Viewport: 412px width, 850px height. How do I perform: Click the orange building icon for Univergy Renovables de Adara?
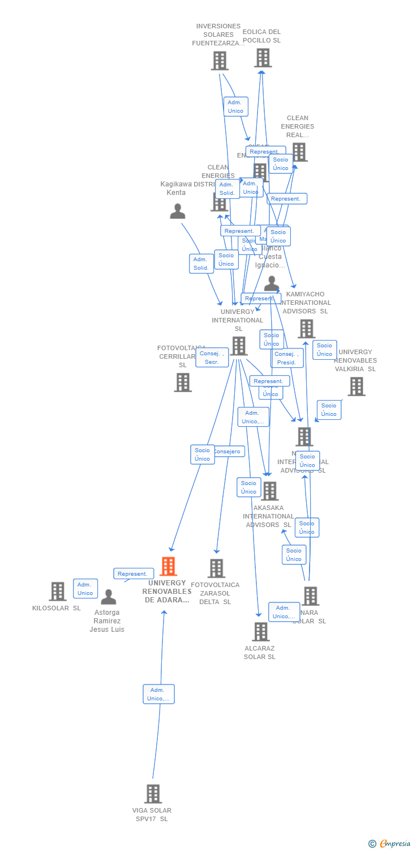pos(168,566)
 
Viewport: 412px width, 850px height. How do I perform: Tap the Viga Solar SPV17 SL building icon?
pos(153,794)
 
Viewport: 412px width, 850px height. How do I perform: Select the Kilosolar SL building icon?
pos(57,592)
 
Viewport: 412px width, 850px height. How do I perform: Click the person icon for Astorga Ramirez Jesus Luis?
pos(108,597)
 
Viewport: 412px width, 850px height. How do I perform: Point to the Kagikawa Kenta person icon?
pos(178,211)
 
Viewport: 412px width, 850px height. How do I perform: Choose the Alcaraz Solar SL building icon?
pos(260,632)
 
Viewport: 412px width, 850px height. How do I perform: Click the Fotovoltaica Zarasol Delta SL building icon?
pos(216,568)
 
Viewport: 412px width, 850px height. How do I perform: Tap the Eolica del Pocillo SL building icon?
pos(263,58)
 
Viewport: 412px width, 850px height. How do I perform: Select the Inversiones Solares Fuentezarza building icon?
pos(220,61)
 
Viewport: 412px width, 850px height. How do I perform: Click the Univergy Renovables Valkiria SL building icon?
pos(356,386)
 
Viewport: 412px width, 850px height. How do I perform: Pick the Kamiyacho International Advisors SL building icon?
pos(306,329)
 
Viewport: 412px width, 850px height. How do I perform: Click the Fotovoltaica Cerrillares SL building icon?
pos(183,382)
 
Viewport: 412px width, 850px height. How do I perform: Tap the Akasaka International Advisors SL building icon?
pos(269,491)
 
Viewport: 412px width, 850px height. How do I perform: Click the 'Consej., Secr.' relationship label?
pos(212,358)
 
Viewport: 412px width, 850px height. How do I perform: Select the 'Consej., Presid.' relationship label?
pos(287,358)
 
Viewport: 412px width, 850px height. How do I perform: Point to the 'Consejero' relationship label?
pos(228,452)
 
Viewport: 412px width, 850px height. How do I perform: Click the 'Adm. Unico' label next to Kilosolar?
pos(85,589)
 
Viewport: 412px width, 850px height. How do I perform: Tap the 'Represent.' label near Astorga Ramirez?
pos(134,573)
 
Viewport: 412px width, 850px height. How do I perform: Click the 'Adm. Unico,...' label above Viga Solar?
pos(158,694)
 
